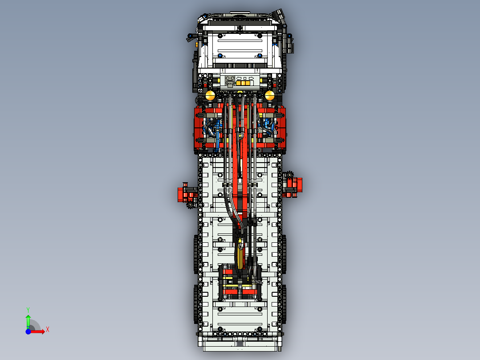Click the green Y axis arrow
pos(28,320)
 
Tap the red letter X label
pos(47,330)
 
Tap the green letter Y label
pos(28,309)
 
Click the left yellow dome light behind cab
pos(210,95)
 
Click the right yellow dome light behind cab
pos(269,95)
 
